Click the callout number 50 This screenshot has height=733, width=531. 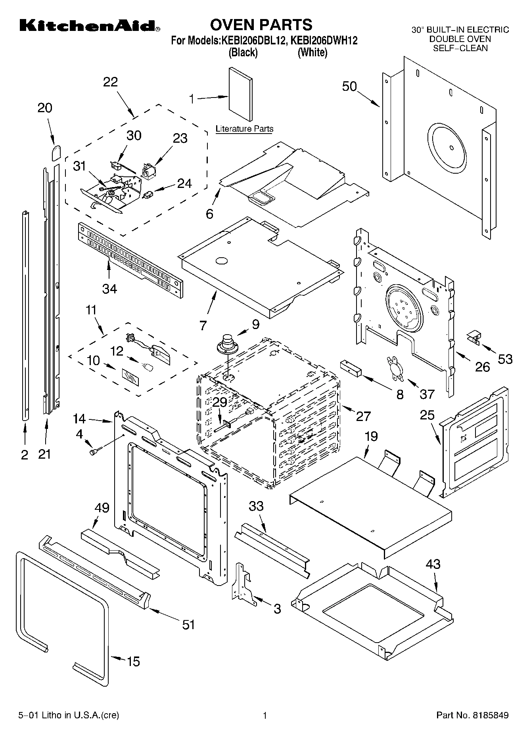349,86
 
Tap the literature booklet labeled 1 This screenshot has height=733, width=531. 240,94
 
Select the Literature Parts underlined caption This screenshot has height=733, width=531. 244,129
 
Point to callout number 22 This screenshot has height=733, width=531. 110,82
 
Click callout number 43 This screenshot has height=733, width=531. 433,564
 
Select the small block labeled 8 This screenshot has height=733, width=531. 349,369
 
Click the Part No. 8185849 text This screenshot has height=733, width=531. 472,715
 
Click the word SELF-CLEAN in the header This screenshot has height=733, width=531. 460,48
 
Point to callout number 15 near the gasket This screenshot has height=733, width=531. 134,662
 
